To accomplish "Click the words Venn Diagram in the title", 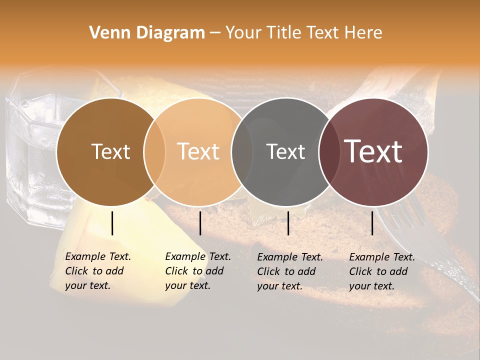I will click(147, 33).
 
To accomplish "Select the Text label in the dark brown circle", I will click(110, 151).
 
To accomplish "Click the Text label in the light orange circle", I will click(198, 151).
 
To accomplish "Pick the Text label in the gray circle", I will click(286, 151).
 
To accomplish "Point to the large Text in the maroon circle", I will click(373, 151).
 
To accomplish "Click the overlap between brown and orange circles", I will click(154, 151).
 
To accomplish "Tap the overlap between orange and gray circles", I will click(242, 151).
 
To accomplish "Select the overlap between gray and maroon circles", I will click(329, 151).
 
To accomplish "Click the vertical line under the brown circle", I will click(112, 223).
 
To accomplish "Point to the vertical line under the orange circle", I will click(200, 223).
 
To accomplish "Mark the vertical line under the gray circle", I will click(288, 223).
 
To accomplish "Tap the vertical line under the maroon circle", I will click(372, 223).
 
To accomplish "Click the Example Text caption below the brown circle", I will click(97, 271).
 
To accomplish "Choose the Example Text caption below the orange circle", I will click(197, 271).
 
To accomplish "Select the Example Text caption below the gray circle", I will click(289, 271).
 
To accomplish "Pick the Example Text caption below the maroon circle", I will click(381, 271).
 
